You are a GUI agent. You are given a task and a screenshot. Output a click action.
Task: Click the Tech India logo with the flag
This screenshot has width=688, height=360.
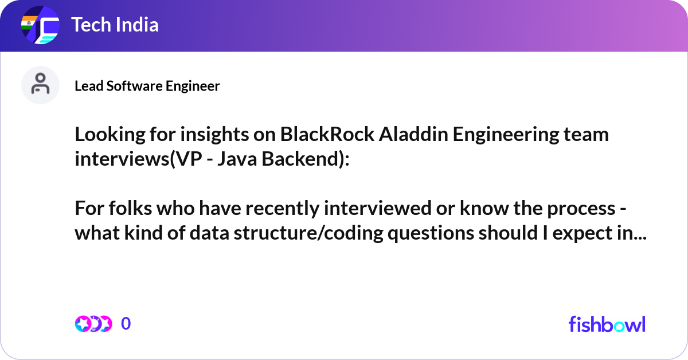pyautogui.click(x=40, y=26)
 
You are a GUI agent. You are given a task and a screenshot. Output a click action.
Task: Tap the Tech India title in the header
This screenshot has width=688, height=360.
pyautogui.click(x=115, y=25)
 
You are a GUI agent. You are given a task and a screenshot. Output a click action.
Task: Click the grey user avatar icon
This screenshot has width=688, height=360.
pyautogui.click(x=40, y=85)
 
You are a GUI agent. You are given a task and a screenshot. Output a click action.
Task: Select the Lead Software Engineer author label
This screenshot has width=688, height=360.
pyautogui.click(x=147, y=86)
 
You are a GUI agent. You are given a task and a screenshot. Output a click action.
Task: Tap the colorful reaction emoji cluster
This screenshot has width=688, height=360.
pyautogui.click(x=93, y=324)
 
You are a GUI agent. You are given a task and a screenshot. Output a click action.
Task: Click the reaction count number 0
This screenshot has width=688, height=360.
pyautogui.click(x=126, y=324)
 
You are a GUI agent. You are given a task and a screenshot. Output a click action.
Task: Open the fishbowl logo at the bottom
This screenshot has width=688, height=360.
pyautogui.click(x=607, y=324)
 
